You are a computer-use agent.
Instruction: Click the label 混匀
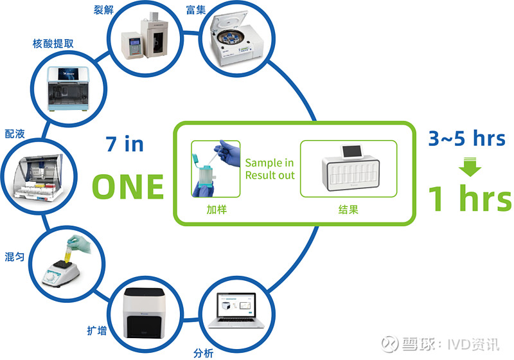click(14, 256)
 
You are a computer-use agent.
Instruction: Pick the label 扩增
click(97, 330)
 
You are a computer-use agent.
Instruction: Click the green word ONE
click(128, 186)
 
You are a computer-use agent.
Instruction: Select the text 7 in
click(125, 144)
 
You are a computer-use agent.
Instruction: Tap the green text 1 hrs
click(471, 199)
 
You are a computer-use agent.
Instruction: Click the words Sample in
click(269, 163)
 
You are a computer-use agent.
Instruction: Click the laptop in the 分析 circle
click(235, 310)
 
